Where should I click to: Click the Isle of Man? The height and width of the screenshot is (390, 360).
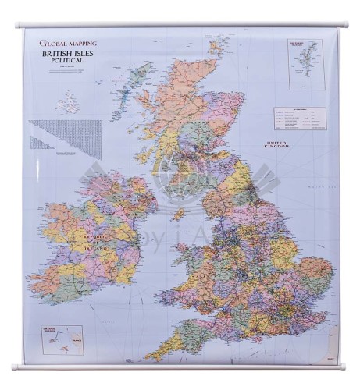[179, 211]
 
